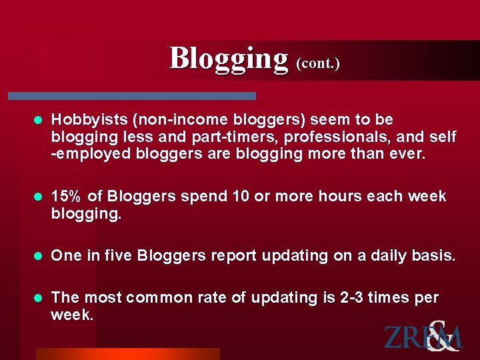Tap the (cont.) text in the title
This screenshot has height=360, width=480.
(317, 63)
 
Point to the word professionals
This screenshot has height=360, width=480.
(319, 137)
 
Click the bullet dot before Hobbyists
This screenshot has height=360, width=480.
(37, 121)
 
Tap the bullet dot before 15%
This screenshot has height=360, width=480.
(37, 197)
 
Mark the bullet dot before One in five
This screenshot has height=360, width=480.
(37, 256)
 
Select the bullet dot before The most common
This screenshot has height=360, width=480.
(37, 298)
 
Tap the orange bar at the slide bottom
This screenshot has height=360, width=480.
(127, 354)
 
